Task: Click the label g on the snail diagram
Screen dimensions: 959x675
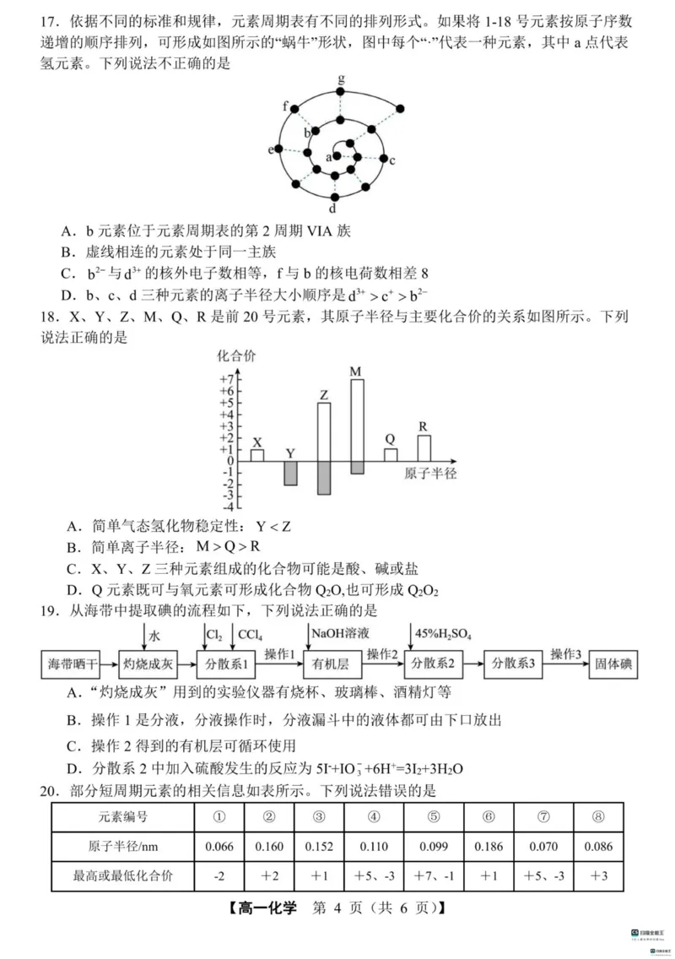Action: click(341, 79)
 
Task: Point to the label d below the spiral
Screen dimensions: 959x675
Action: click(333, 208)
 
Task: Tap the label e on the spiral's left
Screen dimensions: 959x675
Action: click(272, 149)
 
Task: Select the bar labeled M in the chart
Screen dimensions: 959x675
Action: click(357, 422)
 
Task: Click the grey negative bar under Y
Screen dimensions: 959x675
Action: click(290, 473)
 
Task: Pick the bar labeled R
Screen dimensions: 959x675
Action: click(424, 447)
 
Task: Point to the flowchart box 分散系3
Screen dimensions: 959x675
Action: click(514, 664)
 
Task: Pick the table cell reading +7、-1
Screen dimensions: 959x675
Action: click(435, 876)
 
